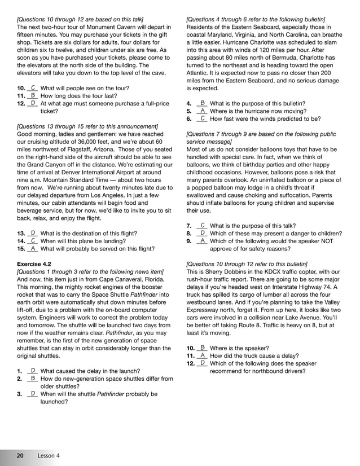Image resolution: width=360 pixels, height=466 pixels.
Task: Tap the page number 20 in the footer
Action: coord(20,455)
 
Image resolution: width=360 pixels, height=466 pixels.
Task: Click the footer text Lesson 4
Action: coord(49,455)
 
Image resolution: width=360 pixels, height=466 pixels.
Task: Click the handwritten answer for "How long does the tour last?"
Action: coord(33,96)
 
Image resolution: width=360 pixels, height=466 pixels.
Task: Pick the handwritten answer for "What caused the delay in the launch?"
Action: coord(33,371)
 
